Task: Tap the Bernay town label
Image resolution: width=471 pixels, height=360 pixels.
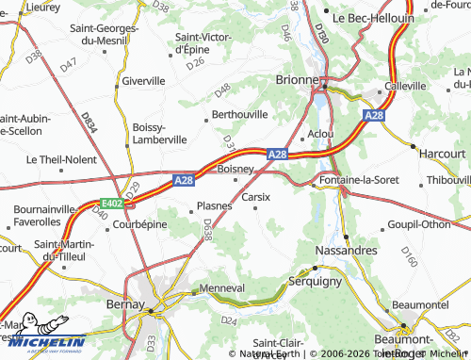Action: point(125,304)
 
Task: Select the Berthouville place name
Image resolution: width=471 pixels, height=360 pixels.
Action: point(240,114)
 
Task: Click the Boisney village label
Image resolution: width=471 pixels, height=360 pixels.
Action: point(235,169)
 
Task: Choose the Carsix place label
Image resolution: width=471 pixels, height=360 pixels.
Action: point(256,197)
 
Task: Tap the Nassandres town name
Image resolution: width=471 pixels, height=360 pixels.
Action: point(346,251)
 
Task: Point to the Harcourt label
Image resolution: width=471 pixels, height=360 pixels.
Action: point(442,153)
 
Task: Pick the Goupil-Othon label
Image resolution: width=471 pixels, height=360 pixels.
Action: point(419,225)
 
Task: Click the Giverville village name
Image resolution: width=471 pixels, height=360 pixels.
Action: point(143,81)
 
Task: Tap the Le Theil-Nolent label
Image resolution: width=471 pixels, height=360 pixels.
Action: point(61,160)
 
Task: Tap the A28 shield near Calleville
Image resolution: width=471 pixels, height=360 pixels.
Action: point(373,114)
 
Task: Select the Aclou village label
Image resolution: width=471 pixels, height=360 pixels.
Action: point(320,134)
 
